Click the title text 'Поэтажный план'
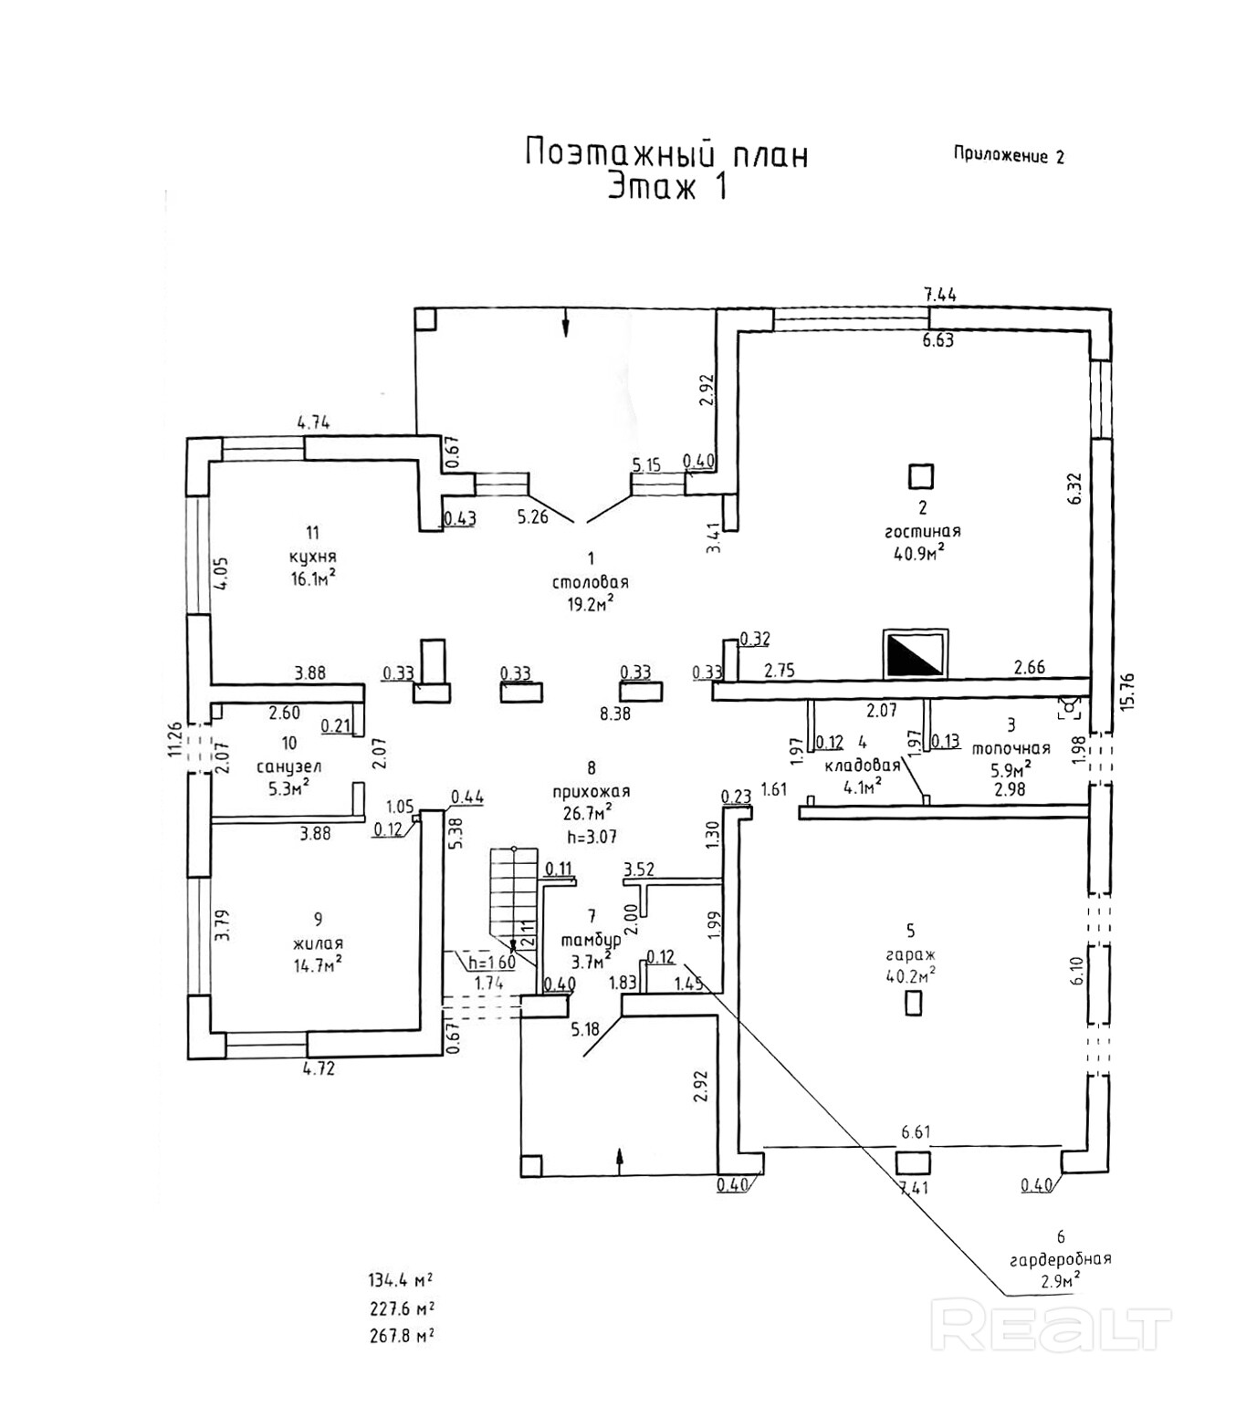tap(666, 153)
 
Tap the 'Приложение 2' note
tap(1009, 155)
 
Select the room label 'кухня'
tap(313, 557)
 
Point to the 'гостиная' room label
tap(922, 531)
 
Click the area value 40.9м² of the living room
tap(918, 553)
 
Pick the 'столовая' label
tap(590, 582)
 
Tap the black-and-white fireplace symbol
tap(915, 654)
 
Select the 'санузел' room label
tap(288, 766)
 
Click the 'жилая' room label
tap(318, 943)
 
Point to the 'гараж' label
tap(910, 954)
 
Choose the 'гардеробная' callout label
tap(1060, 1259)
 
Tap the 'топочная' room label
tap(1011, 748)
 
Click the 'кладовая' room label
tap(862, 765)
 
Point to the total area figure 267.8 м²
tap(401, 1336)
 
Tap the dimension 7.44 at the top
tap(939, 294)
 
